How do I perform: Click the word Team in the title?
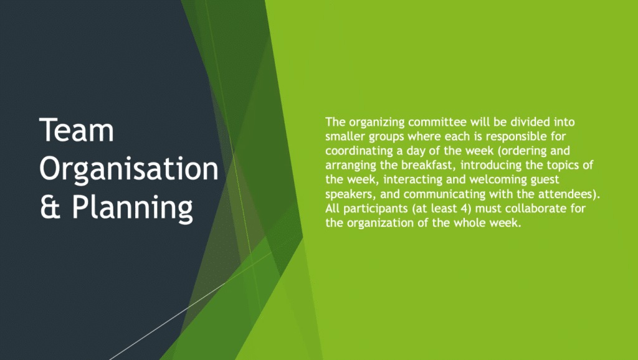pos(77,130)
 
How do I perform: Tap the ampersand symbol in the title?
pos(50,207)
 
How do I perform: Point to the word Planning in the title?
pos(132,208)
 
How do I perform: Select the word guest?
pos(545,180)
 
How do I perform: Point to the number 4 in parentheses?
pos(467,208)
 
